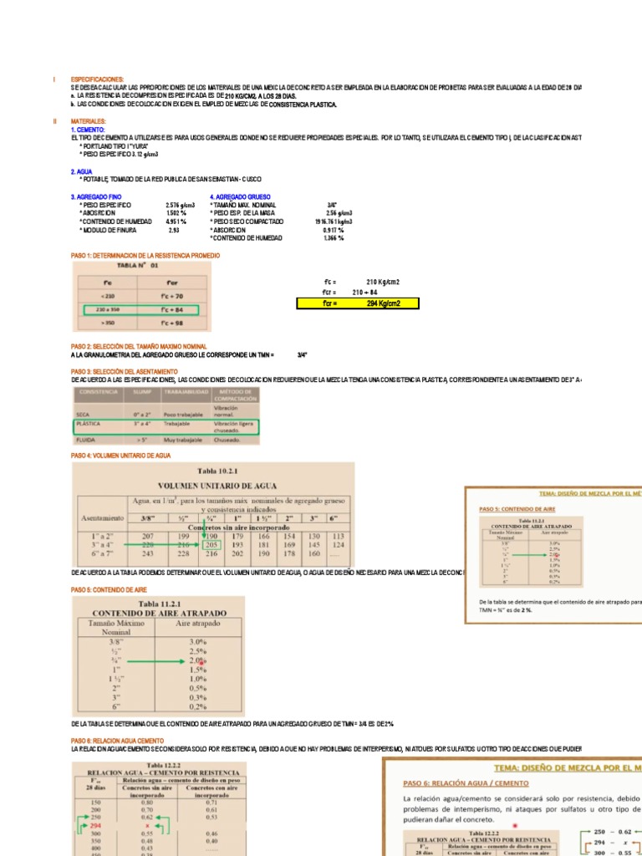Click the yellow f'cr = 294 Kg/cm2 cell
coord(358,303)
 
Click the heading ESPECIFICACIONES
coord(97,79)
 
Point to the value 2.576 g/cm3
coord(180,205)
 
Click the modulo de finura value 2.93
coord(174,230)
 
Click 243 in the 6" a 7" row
coord(150,553)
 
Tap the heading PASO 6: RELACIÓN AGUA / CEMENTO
coord(466,783)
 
